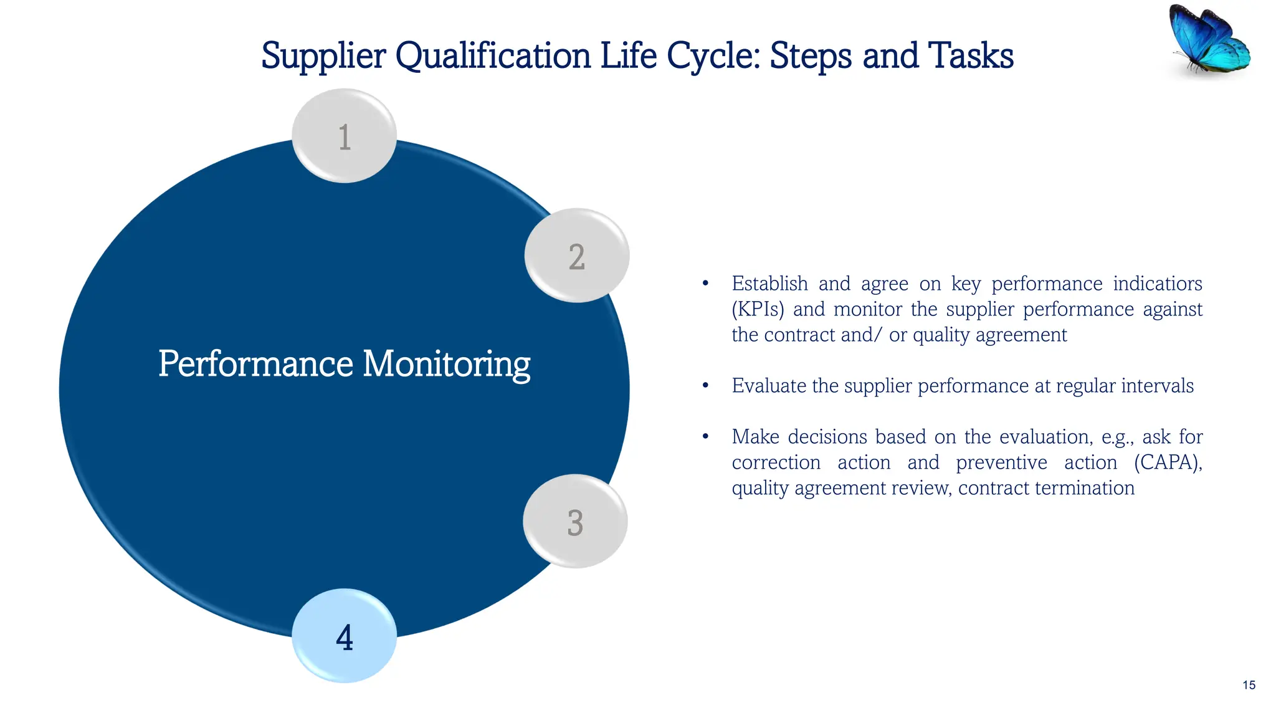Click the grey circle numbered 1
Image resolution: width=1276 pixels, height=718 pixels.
coord(344,136)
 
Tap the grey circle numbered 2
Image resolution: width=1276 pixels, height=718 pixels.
coord(576,256)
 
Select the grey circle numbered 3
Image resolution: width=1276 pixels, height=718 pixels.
coord(574,521)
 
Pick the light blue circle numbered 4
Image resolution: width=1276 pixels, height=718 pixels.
coord(344,636)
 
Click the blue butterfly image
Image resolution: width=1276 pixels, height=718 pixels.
coord(1209,39)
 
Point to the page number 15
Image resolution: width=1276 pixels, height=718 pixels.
coord(1249,685)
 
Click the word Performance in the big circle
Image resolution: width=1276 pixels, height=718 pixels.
coord(255,364)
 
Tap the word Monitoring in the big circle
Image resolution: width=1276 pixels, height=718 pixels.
coord(446,364)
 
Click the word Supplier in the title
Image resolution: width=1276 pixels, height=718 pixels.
coord(323,56)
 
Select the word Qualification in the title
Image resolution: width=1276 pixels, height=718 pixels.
coord(493,56)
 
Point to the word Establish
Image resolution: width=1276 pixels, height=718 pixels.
coord(769,284)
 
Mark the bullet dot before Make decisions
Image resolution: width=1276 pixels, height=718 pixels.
coord(705,437)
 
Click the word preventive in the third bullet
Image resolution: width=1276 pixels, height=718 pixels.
coord(1001,462)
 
